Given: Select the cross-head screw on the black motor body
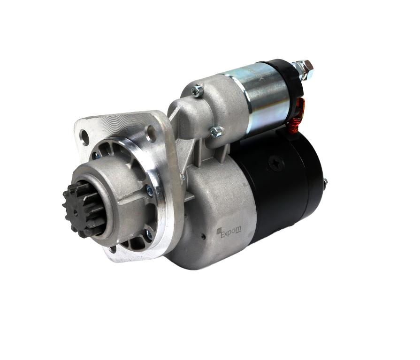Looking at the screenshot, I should click(276, 163).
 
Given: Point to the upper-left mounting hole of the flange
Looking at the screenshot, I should click(85, 137).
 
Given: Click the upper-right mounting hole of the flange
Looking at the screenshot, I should click(151, 134).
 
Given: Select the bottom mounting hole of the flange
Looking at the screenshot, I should click(113, 249).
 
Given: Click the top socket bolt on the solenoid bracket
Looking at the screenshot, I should click(198, 90).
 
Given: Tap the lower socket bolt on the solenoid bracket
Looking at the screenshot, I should click(217, 132).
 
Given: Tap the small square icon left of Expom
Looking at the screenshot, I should click(218, 230).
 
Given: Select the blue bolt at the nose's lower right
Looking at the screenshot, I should click(148, 234).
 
